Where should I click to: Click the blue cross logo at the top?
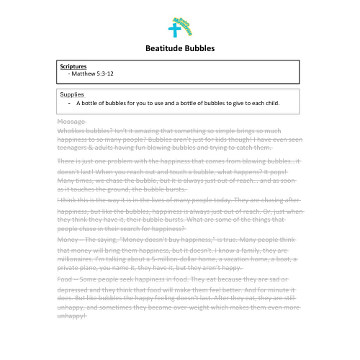click(x=174, y=30)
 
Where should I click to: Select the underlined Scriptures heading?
click(x=73, y=66)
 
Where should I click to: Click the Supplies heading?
click(x=73, y=94)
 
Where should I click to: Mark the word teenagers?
click(x=74, y=148)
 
